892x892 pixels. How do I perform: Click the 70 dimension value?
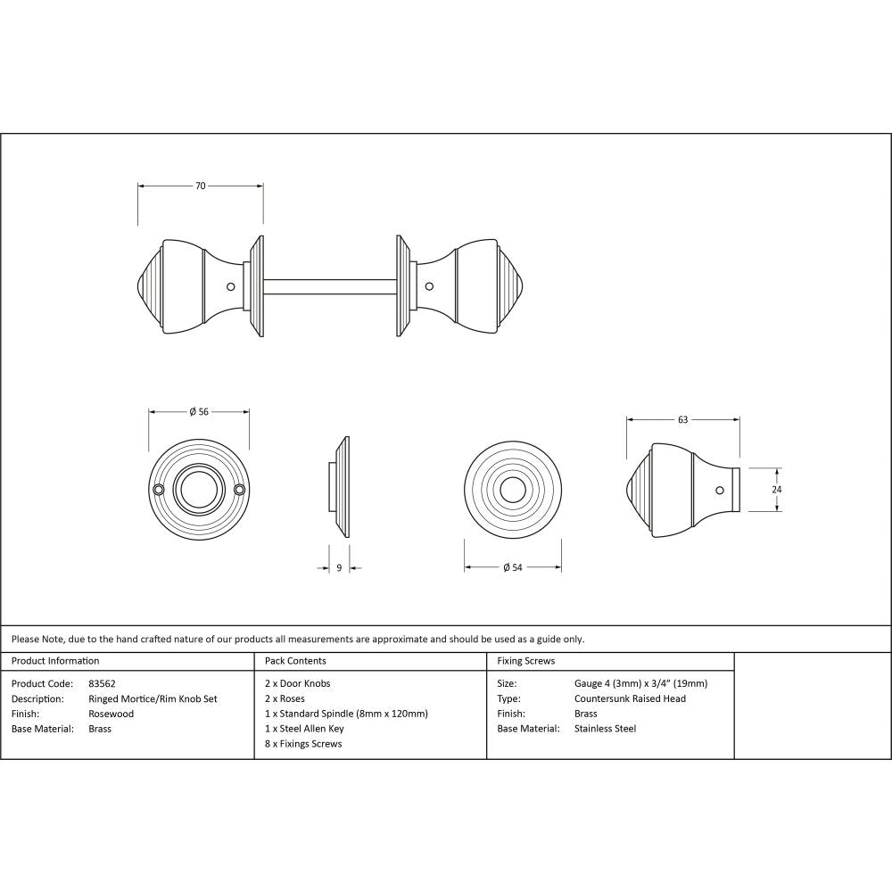click(x=201, y=186)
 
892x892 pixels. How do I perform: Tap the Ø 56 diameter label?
click(x=199, y=411)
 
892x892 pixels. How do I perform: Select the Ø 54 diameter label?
click(x=513, y=568)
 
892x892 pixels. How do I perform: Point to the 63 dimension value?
click(x=683, y=419)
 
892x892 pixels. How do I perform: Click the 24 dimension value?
click(x=777, y=490)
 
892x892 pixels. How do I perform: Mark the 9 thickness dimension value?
click(x=339, y=568)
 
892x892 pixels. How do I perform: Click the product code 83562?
click(x=103, y=684)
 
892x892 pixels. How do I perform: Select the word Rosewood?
click(x=111, y=714)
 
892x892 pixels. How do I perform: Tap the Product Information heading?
click(x=55, y=661)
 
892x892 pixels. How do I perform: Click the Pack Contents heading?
click(x=295, y=661)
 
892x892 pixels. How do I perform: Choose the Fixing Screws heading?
click(x=526, y=661)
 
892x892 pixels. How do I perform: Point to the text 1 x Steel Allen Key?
click(x=304, y=729)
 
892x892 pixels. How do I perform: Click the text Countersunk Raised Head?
click(x=630, y=698)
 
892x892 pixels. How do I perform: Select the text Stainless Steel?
click(x=605, y=729)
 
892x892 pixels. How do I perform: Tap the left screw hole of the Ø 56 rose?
click(x=159, y=490)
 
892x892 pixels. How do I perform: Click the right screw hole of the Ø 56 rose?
click(x=239, y=490)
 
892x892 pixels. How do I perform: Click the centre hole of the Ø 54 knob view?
click(x=512, y=490)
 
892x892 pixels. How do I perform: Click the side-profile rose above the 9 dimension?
click(x=343, y=488)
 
